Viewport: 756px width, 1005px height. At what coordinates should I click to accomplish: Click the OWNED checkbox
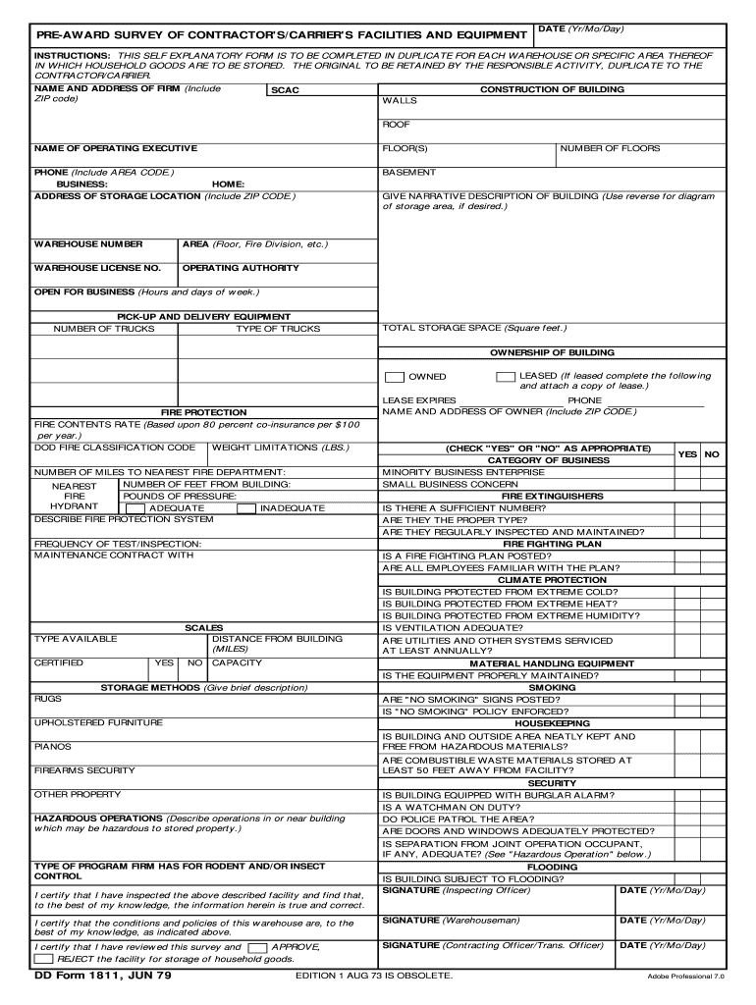tap(394, 377)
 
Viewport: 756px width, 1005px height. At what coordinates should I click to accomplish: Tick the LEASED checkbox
tap(506, 377)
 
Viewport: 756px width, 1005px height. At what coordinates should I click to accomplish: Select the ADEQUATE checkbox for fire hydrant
tap(135, 508)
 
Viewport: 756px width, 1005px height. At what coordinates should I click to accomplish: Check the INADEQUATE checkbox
tap(247, 508)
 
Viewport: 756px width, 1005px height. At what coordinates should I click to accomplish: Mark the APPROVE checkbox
tap(257, 948)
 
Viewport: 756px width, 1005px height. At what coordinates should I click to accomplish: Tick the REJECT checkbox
tap(44, 959)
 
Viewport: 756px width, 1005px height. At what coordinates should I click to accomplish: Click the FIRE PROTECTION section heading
tap(203, 412)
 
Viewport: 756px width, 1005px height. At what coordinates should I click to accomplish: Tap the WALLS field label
tap(400, 101)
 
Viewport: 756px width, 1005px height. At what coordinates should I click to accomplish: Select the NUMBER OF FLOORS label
tap(610, 149)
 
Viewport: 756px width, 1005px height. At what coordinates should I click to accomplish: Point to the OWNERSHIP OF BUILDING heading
tap(552, 352)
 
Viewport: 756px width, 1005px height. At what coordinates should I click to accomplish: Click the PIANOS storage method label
tap(52, 747)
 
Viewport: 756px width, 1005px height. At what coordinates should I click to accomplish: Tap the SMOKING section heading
tap(552, 688)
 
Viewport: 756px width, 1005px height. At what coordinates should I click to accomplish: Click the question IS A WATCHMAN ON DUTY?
tap(453, 807)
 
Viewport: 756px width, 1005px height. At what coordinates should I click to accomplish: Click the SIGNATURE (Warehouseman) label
tap(451, 921)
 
